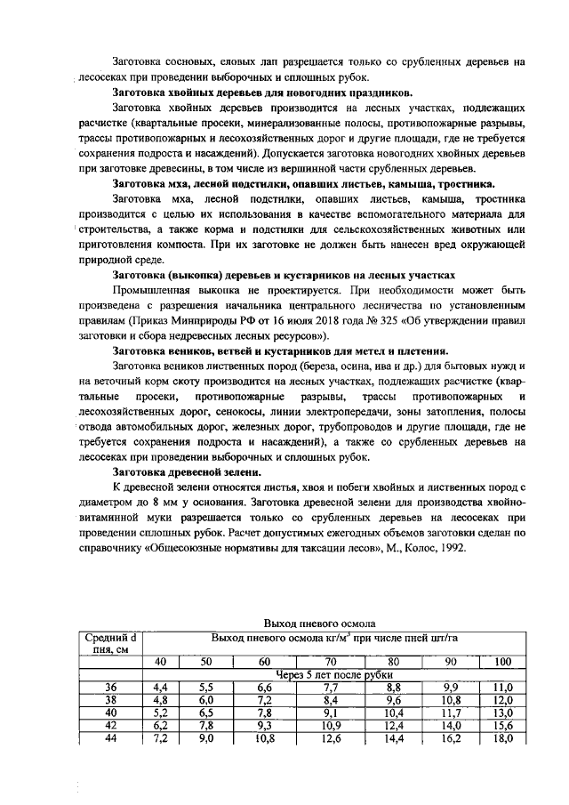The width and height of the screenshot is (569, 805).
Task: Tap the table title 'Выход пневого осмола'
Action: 320,624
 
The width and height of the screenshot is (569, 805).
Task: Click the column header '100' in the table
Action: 502,662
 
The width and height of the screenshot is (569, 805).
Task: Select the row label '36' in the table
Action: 111,687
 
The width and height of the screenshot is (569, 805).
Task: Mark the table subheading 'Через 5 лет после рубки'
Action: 334,674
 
